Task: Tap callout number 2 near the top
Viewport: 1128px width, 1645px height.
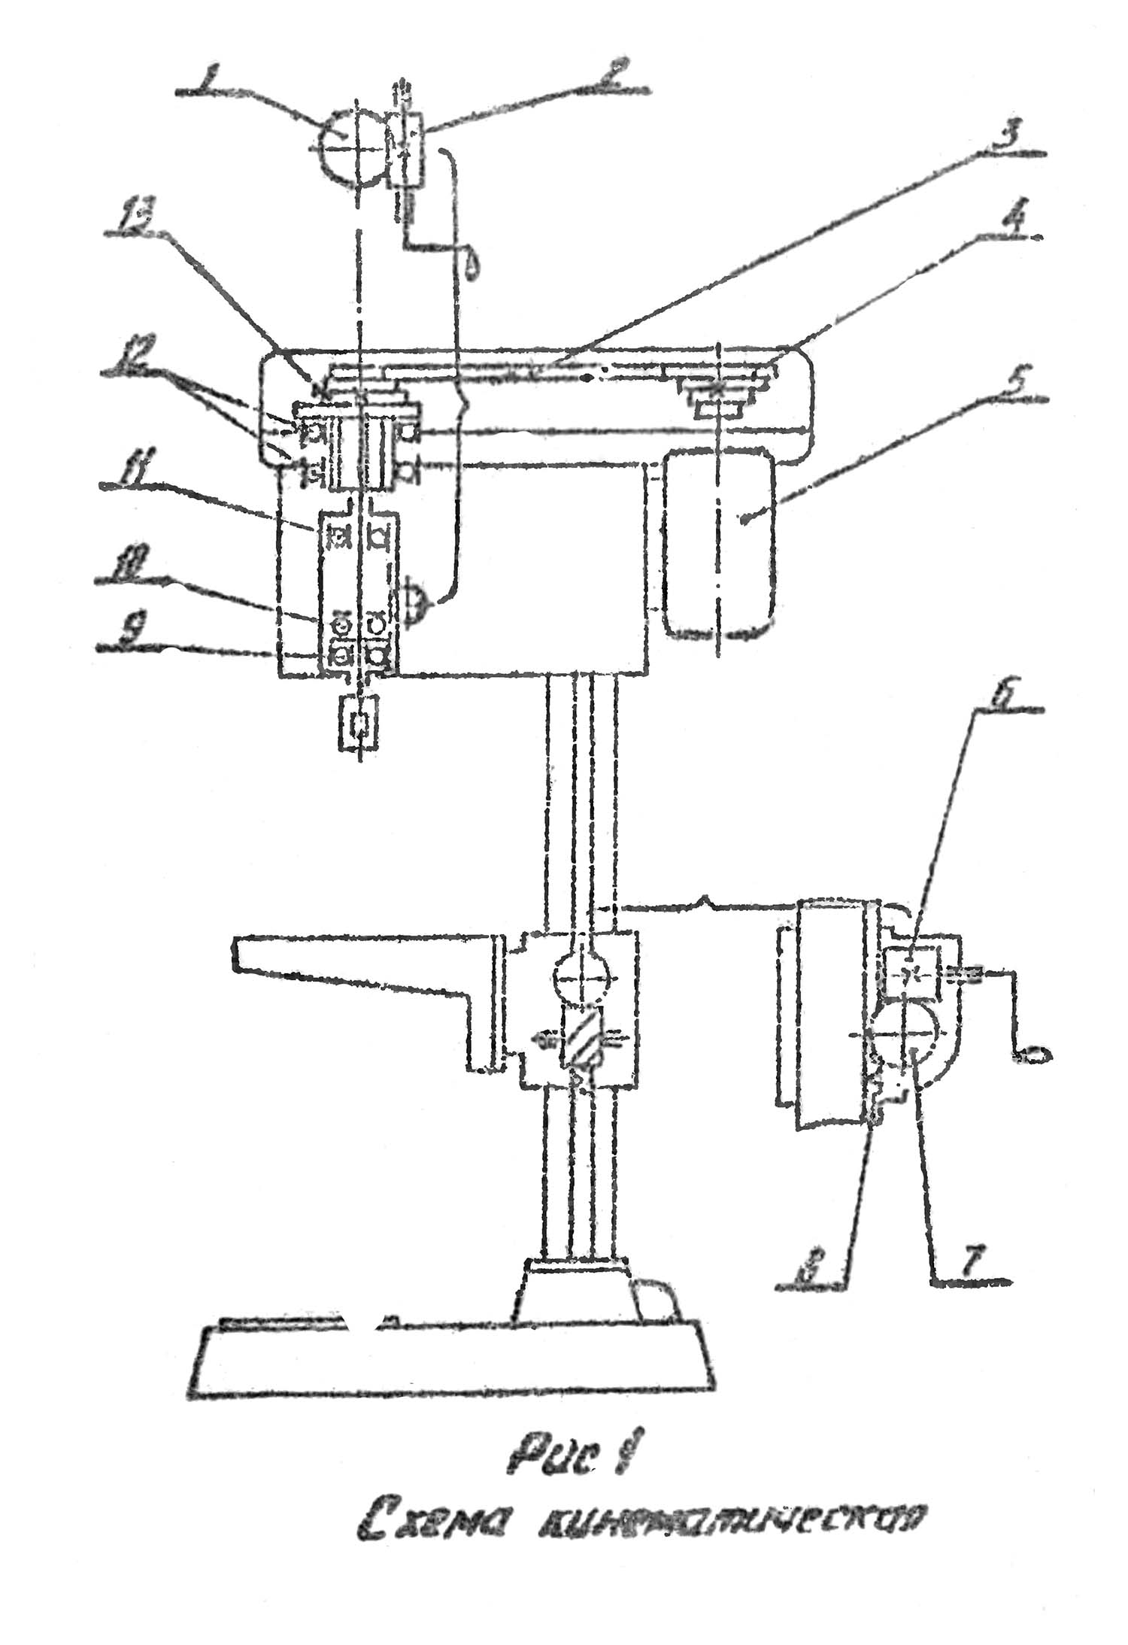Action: pyautogui.click(x=610, y=77)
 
